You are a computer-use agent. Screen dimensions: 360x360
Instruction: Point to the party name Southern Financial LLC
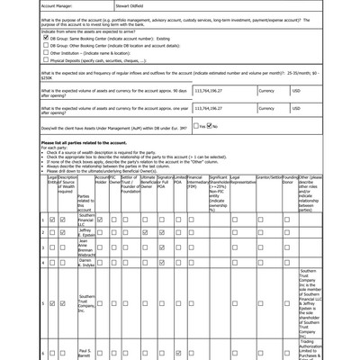[86, 220]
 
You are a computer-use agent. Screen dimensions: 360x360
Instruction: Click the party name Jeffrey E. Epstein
[86, 232]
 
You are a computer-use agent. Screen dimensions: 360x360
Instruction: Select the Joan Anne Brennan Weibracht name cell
[86, 246]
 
